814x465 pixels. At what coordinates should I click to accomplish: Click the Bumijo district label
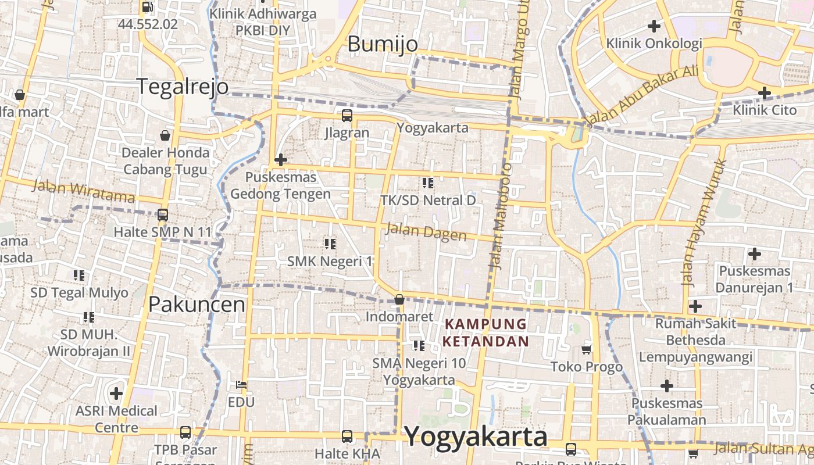[x=383, y=44]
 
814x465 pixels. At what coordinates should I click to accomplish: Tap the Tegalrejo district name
[x=183, y=86]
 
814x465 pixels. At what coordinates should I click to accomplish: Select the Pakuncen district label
[x=197, y=304]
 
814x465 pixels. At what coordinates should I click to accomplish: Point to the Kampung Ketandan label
[x=485, y=332]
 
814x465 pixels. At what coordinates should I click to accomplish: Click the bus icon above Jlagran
[x=347, y=115]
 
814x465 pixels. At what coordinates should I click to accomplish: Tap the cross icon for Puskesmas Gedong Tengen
[x=281, y=159]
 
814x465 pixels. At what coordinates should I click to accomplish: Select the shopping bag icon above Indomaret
[x=399, y=299]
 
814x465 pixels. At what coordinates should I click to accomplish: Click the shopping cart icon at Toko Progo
[x=587, y=349]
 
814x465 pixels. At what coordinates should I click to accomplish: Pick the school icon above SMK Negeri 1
[x=330, y=244]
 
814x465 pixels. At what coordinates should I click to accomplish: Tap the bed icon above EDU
[x=241, y=385]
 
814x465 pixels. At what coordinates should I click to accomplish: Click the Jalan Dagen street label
[x=426, y=231]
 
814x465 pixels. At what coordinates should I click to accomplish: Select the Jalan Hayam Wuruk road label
[x=704, y=221]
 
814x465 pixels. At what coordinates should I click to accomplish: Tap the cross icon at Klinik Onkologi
[x=654, y=26]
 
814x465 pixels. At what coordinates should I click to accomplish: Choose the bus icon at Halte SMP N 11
[x=163, y=214]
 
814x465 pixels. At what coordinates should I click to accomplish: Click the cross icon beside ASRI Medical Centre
[x=116, y=393]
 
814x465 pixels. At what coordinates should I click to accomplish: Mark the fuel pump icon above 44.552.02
[x=148, y=7]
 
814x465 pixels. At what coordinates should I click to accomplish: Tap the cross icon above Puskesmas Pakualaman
[x=667, y=385]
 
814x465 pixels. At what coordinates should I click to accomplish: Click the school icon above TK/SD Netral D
[x=428, y=183]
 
